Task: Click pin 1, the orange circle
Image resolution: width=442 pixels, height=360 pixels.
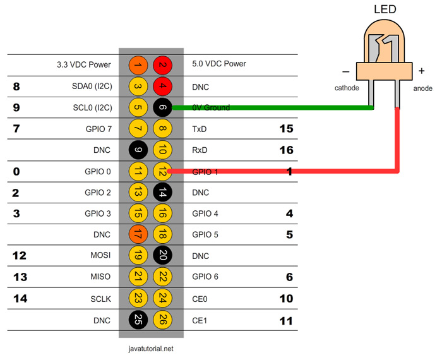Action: pos(138,65)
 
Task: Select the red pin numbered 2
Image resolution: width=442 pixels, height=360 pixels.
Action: pos(162,65)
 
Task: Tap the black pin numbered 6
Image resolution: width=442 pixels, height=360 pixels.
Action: pos(162,107)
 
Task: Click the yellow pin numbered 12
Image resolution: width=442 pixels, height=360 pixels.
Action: pos(162,171)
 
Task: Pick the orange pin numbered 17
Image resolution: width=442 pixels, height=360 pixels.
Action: pos(138,234)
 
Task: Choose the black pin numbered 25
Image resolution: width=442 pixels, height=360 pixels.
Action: pos(138,320)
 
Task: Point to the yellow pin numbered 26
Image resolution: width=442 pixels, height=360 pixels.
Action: pos(162,320)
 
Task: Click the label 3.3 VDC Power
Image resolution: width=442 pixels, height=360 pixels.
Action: pos(84,64)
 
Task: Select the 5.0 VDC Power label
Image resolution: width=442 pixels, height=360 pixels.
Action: pos(219,64)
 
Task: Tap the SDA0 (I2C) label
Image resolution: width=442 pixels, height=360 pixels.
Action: pos(92,87)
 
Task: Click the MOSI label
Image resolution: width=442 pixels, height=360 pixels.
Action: pos(100,255)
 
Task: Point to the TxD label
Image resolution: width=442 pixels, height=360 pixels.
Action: pos(200,129)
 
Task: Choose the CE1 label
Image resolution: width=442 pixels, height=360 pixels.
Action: pos(200,321)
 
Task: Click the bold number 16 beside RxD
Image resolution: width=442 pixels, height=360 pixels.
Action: pos(287,150)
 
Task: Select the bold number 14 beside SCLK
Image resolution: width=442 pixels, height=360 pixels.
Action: pos(20,299)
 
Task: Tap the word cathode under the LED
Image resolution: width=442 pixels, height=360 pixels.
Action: pos(347,88)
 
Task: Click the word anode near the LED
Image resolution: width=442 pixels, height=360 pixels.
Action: pos(423,88)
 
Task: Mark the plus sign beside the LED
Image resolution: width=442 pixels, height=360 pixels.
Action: pos(422,71)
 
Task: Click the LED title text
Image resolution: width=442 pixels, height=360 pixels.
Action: pos(385,9)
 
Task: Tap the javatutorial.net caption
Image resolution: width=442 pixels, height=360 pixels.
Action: pos(151,349)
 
